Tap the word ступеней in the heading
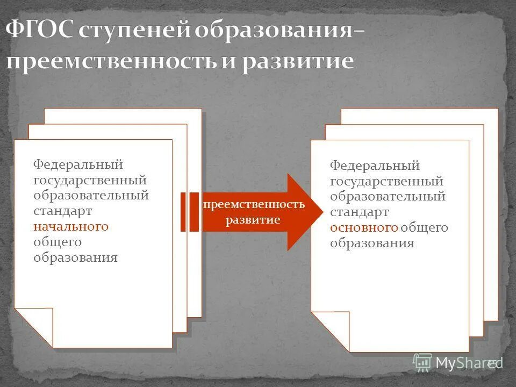pyautogui.click(x=134, y=32)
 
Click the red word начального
pyautogui.click(x=71, y=226)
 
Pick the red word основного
pyautogui.click(x=364, y=227)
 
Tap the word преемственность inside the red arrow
pyautogui.click(x=254, y=205)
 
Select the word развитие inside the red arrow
pyautogui.click(x=253, y=220)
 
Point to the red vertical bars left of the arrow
pyautogui.click(x=189, y=212)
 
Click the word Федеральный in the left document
pyautogui.click(x=78, y=163)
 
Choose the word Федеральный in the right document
pyautogui.click(x=375, y=166)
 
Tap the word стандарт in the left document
pyautogui.click(x=62, y=211)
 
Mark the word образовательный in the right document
pyautogui.click(x=388, y=197)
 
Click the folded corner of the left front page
pyautogui.click(x=35, y=325)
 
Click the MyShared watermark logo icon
pyautogui.click(x=422, y=362)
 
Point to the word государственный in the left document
pyautogui.click(x=90, y=180)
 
